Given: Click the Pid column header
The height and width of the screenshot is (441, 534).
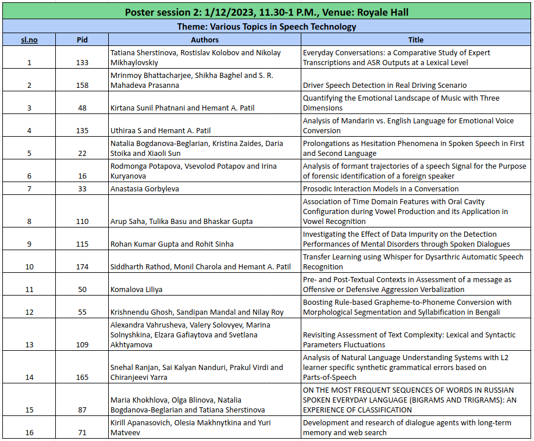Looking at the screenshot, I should click(82, 40).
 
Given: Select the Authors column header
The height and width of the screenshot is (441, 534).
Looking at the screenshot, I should click(205, 40).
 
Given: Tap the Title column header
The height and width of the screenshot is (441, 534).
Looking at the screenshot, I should click(415, 40).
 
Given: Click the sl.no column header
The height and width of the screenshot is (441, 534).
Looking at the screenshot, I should click(29, 40).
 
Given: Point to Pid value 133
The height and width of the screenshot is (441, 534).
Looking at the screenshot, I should click(82, 63).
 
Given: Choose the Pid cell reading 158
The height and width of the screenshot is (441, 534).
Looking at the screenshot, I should click(82, 86).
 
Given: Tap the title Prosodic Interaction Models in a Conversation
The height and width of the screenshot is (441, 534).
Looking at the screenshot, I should click(380, 189).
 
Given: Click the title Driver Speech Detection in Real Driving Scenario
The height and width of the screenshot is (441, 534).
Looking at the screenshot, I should click(385, 86).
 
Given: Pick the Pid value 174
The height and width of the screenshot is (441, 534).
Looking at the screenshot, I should click(82, 267).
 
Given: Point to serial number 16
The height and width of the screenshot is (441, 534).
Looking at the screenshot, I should click(29, 433).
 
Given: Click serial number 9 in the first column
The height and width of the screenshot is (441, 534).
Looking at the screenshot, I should click(29, 244).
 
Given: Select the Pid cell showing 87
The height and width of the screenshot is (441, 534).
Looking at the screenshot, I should click(82, 410).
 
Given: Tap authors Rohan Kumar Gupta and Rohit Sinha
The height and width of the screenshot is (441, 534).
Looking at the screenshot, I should click(175, 244).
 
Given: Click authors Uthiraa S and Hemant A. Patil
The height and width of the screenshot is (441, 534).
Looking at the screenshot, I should click(168, 131).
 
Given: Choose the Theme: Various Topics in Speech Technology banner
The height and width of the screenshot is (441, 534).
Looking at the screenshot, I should click(266, 26).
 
